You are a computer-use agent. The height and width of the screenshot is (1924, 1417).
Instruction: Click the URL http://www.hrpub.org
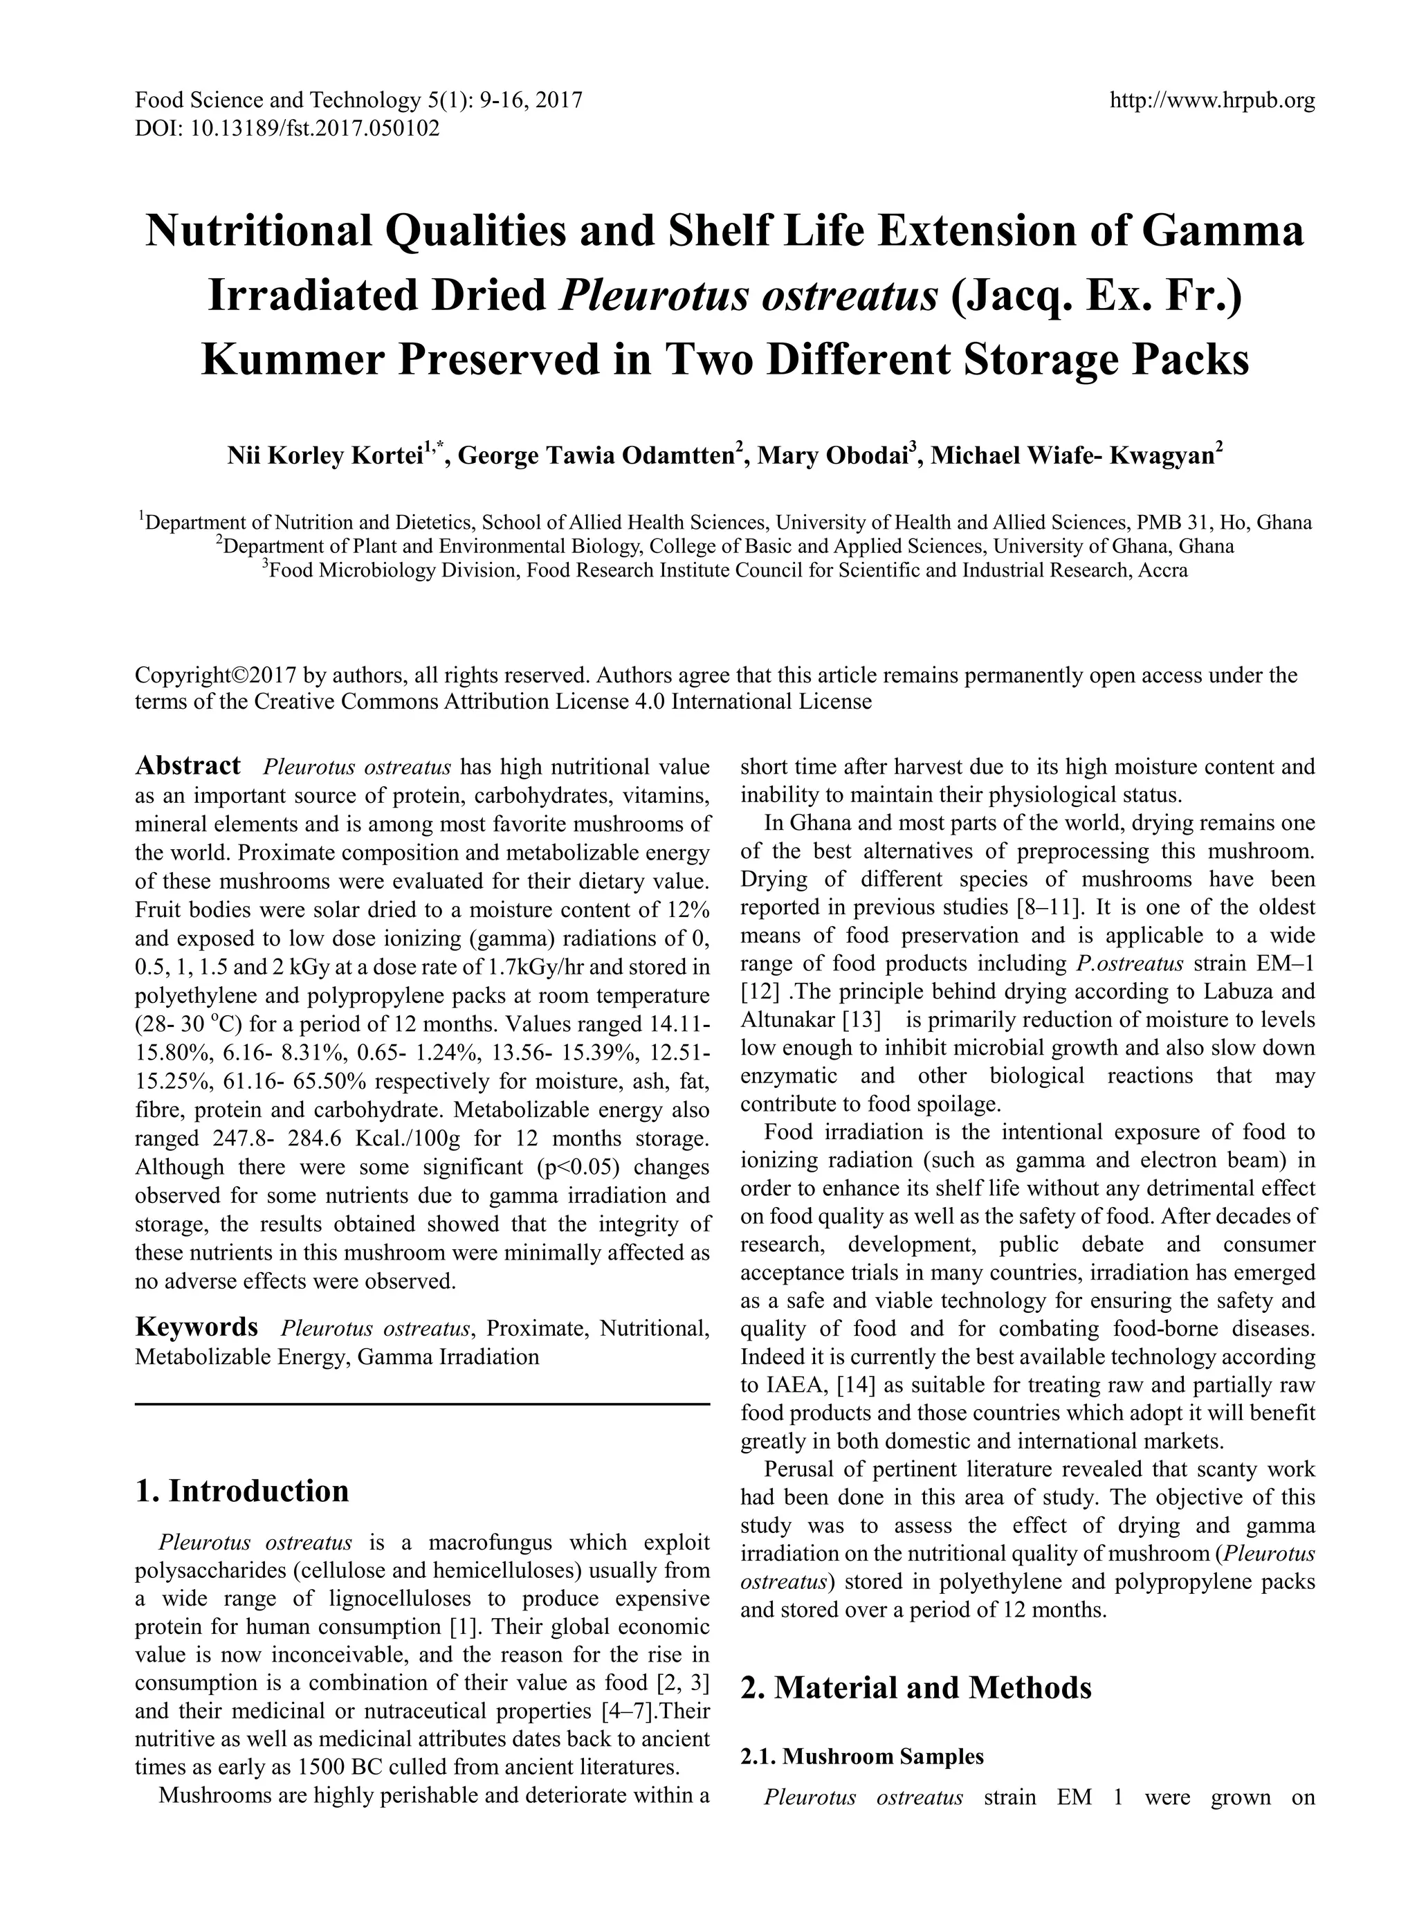(x=1212, y=101)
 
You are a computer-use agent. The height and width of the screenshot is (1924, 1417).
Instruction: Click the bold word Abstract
(x=188, y=765)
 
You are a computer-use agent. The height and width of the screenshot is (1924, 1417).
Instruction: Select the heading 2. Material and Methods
(x=915, y=1687)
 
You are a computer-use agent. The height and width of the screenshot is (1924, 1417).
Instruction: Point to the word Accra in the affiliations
(x=1162, y=570)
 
